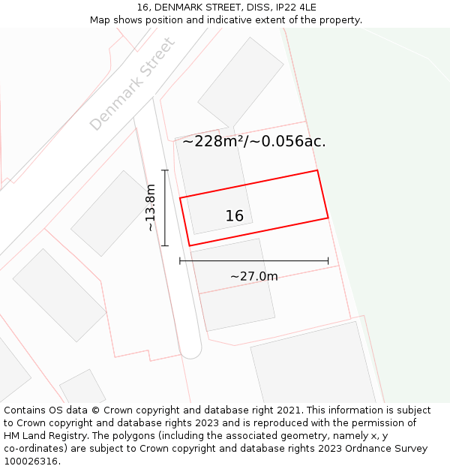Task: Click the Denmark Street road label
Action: click(133, 83)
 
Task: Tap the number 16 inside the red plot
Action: click(234, 216)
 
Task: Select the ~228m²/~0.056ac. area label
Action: click(254, 141)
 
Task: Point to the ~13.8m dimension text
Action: click(151, 208)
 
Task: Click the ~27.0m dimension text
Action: click(253, 276)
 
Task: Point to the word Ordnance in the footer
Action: click(359, 449)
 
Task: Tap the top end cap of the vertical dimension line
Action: click(165, 170)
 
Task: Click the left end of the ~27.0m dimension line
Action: click(180, 261)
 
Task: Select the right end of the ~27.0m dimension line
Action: click(328, 261)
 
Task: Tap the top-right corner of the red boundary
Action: click(317, 170)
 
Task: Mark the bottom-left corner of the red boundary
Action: click(189, 245)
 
